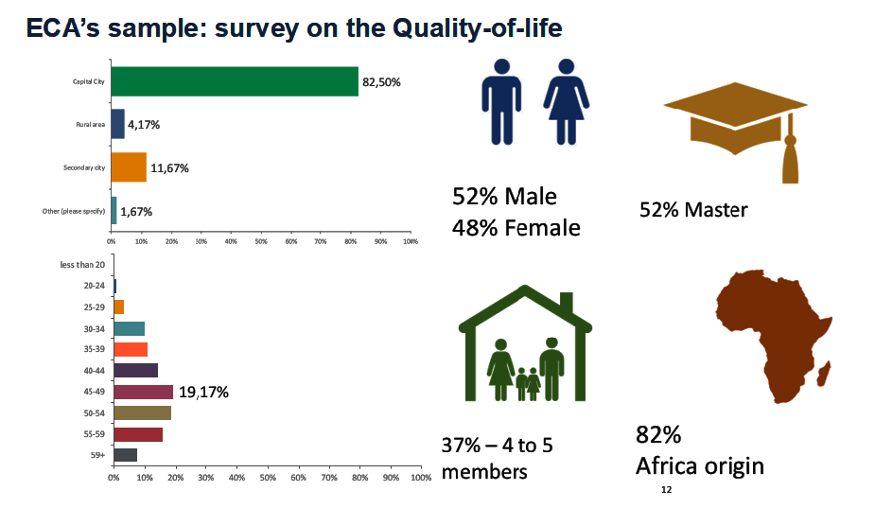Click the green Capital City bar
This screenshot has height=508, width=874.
(235, 81)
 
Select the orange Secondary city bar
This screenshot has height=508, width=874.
(129, 167)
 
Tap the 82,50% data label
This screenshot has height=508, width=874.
(382, 82)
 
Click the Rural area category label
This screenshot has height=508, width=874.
(91, 125)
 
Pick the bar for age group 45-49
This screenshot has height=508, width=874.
(143, 392)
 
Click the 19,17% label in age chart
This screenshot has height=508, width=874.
(203, 392)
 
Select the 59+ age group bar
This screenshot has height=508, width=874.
(125, 455)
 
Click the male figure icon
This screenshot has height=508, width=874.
(501, 101)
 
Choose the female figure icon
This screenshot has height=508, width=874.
(566, 101)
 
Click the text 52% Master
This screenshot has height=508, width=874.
(693, 209)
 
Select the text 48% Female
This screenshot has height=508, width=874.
(516, 228)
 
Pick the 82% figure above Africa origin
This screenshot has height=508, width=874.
(658, 436)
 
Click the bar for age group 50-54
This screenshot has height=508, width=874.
(142, 412)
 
